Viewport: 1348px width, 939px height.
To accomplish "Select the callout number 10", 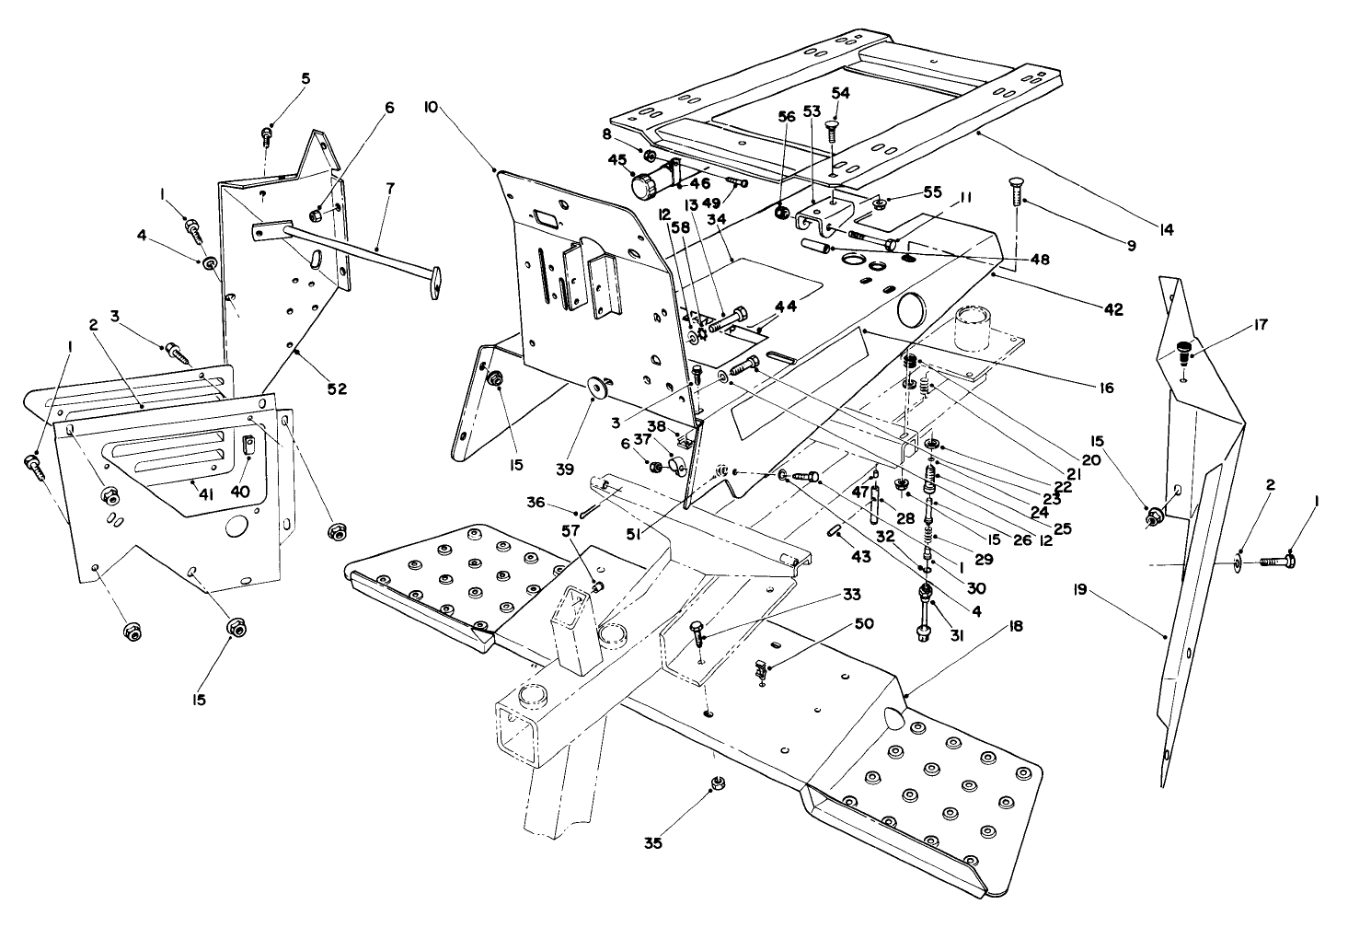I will coord(431,108).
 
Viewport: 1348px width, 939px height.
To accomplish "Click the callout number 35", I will coord(652,841).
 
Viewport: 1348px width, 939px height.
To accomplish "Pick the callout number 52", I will coord(336,388).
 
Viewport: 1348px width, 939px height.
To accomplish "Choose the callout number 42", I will coord(1113,310).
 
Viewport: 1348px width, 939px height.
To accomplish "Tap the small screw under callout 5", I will coord(267,136).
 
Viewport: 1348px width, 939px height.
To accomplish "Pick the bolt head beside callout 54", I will coord(833,128).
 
